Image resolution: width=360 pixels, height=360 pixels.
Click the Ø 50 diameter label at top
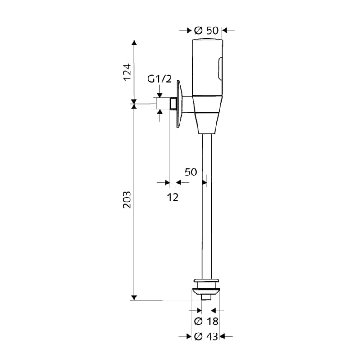pos(206,30)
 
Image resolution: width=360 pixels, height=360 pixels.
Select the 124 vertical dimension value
pos(127,72)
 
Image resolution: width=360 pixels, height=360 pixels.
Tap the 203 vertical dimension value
pos(127,200)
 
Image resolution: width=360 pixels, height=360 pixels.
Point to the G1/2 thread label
pos(159,79)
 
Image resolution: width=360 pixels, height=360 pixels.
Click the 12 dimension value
pos(173,197)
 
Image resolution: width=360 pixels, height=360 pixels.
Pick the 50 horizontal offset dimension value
pos(191,172)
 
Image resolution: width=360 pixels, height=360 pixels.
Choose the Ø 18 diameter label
pos(206,321)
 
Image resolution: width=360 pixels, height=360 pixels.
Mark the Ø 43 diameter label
pos(206,337)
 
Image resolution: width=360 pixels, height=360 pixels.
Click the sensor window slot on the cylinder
pos(220,69)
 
